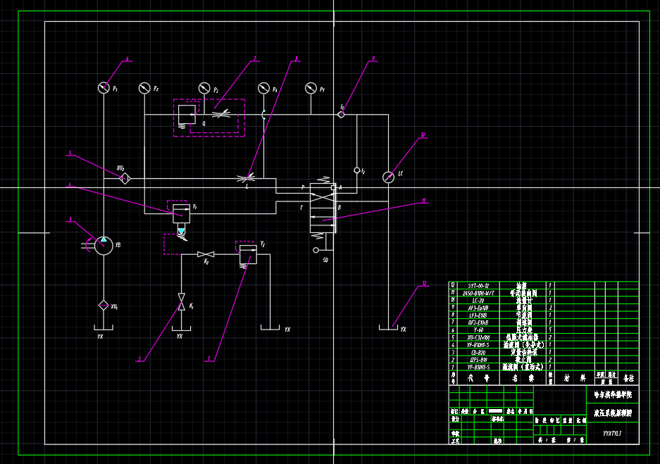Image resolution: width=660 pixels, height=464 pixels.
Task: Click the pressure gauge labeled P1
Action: (x=104, y=87)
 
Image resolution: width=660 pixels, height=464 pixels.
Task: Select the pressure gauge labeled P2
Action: (x=144, y=88)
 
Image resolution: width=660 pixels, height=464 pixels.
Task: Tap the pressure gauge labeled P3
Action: (x=204, y=88)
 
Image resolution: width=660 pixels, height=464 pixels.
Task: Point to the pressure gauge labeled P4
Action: (x=263, y=88)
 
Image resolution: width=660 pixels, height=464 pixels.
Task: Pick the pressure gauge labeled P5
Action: (x=310, y=88)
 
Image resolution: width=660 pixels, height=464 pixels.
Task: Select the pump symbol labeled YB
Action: (x=104, y=245)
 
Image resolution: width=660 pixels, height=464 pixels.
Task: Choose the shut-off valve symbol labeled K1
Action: (x=181, y=299)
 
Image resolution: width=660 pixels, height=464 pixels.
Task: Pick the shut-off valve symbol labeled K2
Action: (x=206, y=253)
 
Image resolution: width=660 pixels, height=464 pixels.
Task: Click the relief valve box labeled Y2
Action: (x=247, y=253)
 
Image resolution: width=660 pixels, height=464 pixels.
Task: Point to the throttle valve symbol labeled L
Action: (x=247, y=178)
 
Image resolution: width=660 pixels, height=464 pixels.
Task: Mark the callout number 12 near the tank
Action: (x=425, y=284)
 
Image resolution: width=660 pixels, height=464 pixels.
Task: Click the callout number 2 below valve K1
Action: (x=139, y=359)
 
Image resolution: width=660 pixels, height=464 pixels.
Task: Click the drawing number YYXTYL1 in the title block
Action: (x=614, y=434)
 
